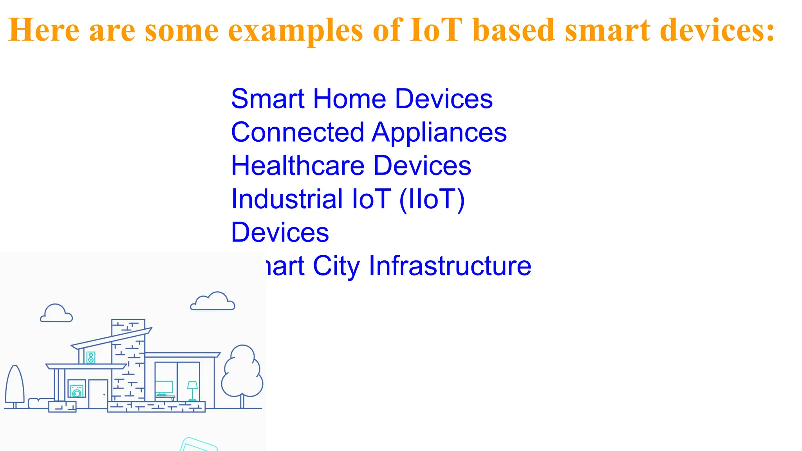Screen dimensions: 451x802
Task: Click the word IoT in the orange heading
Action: (436, 30)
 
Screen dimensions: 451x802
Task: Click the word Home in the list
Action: (349, 99)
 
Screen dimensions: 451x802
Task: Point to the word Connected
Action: (297, 132)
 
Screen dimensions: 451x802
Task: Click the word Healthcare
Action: (298, 166)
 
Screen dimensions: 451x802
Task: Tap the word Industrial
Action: (287, 199)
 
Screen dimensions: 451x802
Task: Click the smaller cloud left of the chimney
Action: (56, 314)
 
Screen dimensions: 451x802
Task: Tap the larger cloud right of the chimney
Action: (213, 301)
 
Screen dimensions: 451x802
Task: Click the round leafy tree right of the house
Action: (242, 372)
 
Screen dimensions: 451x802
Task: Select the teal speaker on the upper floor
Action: (91, 357)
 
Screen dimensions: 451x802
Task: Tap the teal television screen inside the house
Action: (164, 387)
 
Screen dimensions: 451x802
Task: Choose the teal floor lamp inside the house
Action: (192, 390)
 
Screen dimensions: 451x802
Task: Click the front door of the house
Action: (98, 393)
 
